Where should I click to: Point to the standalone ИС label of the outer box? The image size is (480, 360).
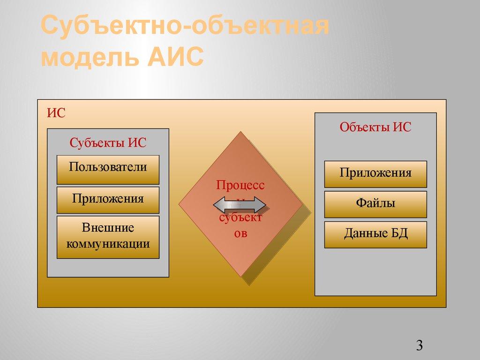[x=56, y=113]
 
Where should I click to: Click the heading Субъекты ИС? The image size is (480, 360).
[x=108, y=143]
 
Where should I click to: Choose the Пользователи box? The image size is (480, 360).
[x=108, y=167]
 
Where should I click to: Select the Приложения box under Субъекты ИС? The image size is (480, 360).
[x=108, y=199]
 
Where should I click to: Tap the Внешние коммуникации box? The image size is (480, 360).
[x=108, y=236]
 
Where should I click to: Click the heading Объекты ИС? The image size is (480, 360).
[x=375, y=127]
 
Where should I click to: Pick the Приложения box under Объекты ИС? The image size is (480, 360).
[x=375, y=173]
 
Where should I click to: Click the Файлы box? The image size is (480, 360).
[x=375, y=204]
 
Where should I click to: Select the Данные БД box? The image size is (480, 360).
[x=375, y=234]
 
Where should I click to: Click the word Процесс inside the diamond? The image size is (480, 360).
[x=240, y=185]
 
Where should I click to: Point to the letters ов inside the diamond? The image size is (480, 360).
[x=240, y=233]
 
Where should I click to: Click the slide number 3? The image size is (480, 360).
[x=419, y=346]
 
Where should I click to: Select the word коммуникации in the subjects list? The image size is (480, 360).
[x=108, y=244]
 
